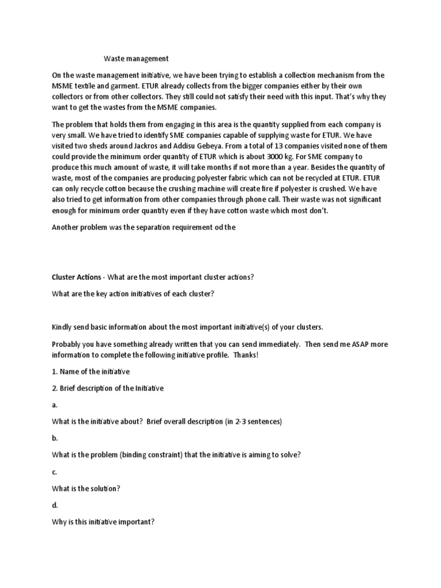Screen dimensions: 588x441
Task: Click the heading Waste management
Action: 136,58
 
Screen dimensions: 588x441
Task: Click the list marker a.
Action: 55,405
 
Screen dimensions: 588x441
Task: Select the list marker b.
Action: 55,438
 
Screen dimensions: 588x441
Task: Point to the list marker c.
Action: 55,471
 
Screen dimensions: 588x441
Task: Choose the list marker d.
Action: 55,505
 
